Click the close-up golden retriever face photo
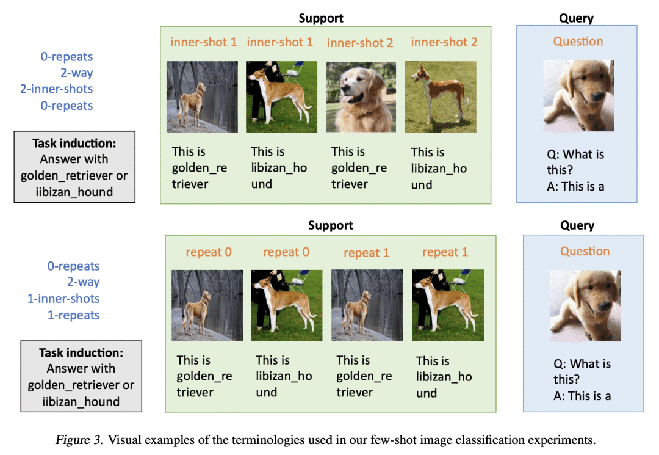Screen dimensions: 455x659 click(361, 97)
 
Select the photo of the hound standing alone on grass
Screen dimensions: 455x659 click(441, 97)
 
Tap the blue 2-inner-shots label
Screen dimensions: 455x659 click(56, 89)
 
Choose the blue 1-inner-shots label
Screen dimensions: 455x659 click(63, 299)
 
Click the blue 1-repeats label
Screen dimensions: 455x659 click(73, 315)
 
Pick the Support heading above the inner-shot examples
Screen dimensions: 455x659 click(321, 18)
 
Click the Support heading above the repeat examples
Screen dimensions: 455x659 click(330, 225)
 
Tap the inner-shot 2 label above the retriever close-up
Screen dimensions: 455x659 click(360, 43)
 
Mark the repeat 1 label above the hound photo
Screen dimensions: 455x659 click(445, 252)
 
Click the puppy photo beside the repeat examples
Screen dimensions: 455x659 click(585, 305)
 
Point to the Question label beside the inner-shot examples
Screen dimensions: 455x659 click(578, 42)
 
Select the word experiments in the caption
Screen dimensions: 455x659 click(563, 440)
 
